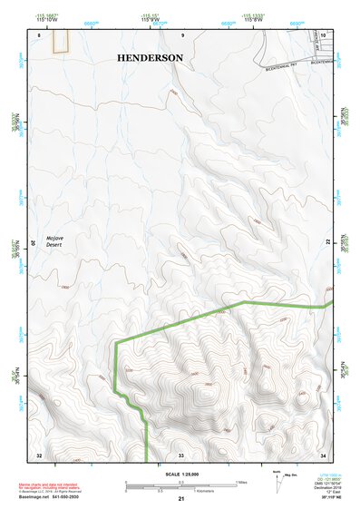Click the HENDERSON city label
click(150, 57)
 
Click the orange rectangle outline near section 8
click(61, 41)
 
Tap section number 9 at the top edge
click(182, 34)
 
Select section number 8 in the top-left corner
click(40, 34)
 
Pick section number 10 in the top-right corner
click(322, 34)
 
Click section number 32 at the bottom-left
click(39, 454)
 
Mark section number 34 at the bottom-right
click(323, 454)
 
